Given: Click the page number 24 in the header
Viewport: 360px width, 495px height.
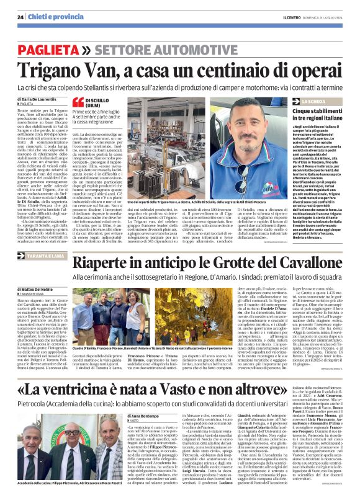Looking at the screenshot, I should coord(20,17).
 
